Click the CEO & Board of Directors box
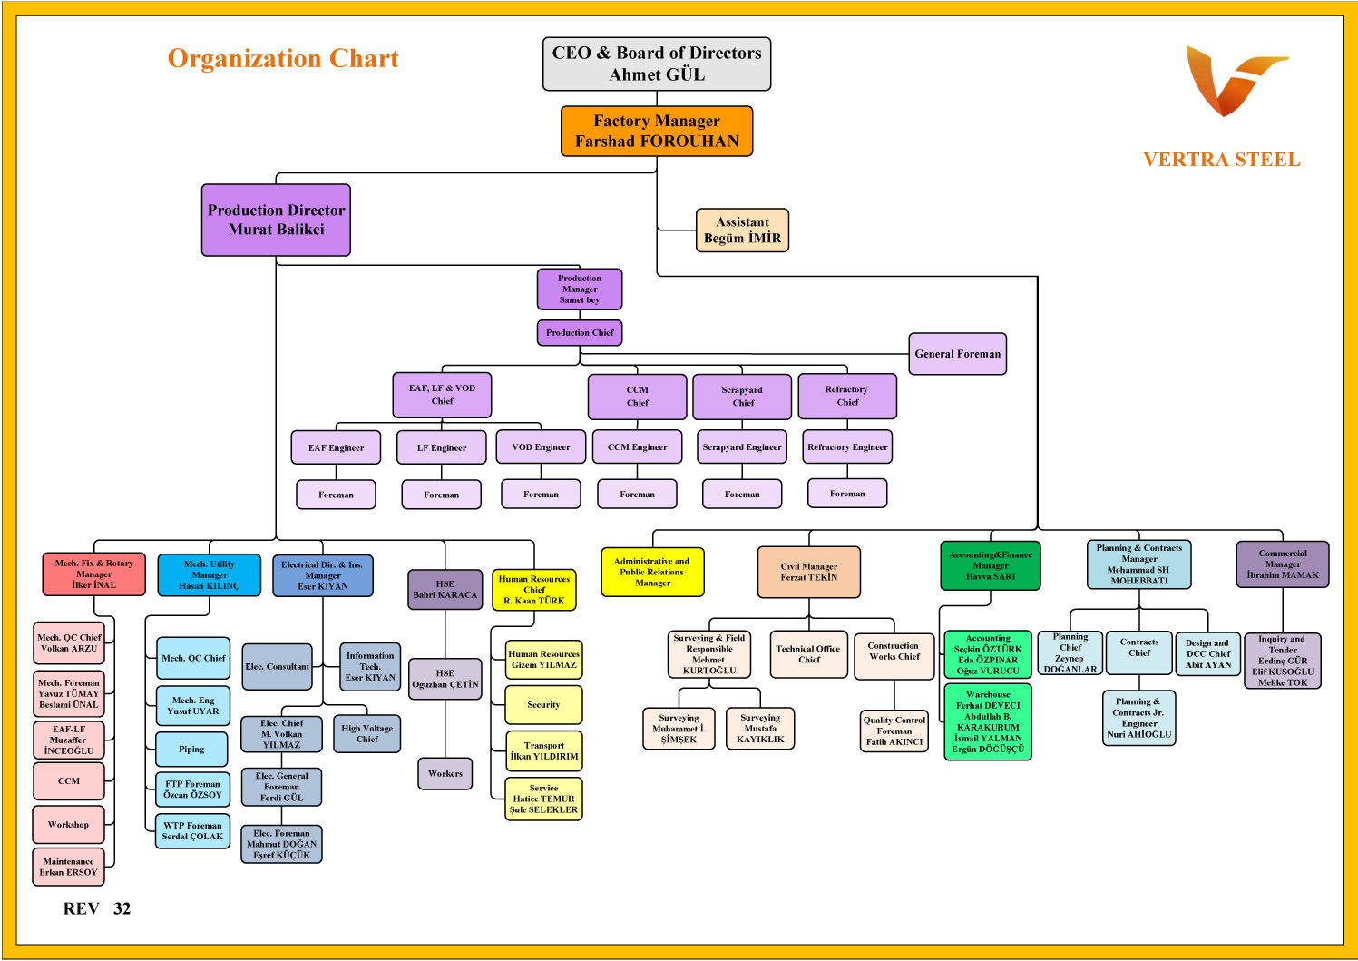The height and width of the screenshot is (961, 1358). click(657, 64)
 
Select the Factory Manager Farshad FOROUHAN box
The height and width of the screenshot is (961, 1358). click(657, 131)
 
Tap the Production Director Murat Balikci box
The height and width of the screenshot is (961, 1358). click(276, 220)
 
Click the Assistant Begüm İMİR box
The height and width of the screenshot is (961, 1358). click(742, 230)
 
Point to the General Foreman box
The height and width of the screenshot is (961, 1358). click(957, 354)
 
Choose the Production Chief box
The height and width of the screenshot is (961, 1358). click(580, 333)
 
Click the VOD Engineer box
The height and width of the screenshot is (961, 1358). click(541, 446)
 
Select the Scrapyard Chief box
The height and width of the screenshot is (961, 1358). click(743, 397)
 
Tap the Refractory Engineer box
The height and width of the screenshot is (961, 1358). click(847, 446)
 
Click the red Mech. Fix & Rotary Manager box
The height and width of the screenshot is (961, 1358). click(93, 574)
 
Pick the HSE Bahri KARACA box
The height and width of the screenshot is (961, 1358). click(445, 590)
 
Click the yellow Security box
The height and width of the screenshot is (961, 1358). click(543, 705)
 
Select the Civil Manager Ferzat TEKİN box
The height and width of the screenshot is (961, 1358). click(808, 572)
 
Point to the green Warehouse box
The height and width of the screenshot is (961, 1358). click(988, 721)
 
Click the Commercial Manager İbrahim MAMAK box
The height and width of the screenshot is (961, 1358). click(1282, 564)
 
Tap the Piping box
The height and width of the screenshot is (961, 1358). click(192, 750)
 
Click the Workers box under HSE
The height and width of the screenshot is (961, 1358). click(445, 774)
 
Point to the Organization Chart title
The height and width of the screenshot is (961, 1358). click(283, 59)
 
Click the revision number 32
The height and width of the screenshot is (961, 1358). click(122, 909)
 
